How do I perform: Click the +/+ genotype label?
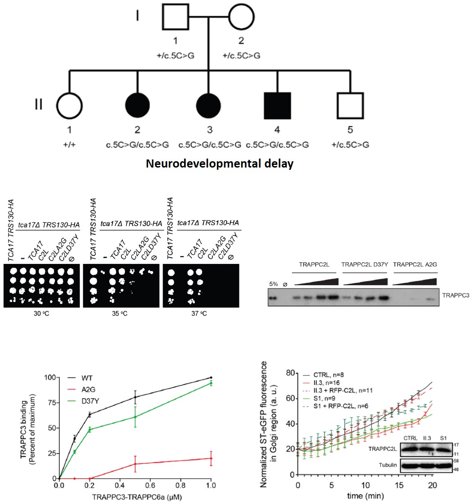tap(69, 145)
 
